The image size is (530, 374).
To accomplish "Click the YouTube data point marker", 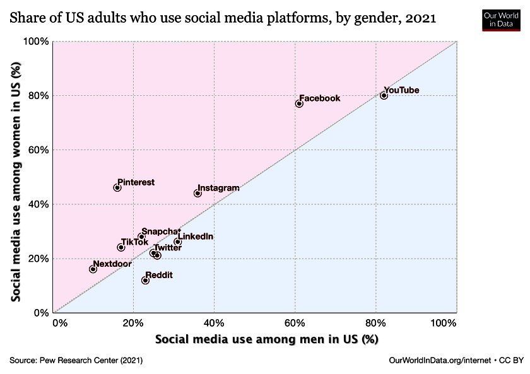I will click(384, 95).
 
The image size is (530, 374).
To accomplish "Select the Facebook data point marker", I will click(299, 103).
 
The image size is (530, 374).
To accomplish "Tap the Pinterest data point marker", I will click(117, 187).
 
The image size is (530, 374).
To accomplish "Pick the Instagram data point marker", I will click(197, 193).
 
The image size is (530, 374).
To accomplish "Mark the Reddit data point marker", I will click(145, 280).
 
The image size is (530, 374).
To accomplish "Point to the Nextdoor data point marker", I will click(93, 269).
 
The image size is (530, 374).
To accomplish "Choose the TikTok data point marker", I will click(121, 247).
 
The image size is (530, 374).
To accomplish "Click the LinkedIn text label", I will click(196, 237).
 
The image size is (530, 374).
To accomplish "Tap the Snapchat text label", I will click(161, 231).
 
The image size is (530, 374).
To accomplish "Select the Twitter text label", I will click(168, 247).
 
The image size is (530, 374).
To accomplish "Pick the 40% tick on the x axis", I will click(214, 324).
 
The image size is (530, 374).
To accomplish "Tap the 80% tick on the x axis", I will click(375, 324).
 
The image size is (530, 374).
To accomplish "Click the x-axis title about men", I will click(266, 339).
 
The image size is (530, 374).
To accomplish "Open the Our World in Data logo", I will click(500, 19).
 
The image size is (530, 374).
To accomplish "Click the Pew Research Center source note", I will click(76, 360).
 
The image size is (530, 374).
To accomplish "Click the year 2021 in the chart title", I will click(421, 20).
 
